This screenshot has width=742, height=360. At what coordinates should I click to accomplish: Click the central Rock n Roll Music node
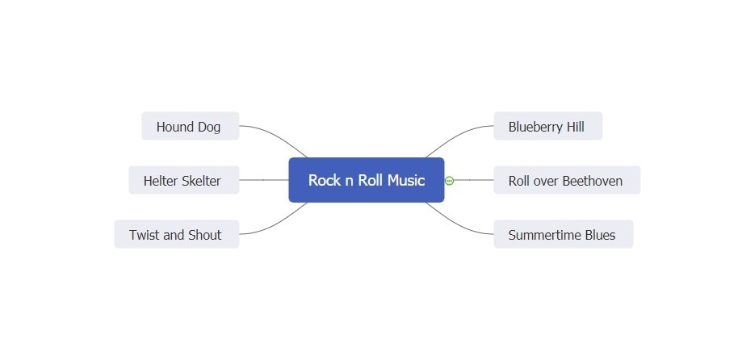pos(366,180)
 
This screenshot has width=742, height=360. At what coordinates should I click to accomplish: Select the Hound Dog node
pos(190,127)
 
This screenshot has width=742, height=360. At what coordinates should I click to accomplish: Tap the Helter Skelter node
pos(183,181)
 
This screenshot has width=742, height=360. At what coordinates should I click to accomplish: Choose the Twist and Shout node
pos(176,235)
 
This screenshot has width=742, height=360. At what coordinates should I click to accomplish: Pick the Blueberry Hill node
pos(547,127)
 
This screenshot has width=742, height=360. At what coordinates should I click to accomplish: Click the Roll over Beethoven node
pos(566,181)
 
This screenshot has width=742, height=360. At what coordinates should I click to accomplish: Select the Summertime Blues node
pos(563,235)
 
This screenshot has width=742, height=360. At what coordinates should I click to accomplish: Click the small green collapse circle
pos(450,181)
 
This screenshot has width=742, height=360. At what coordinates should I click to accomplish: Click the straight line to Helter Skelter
pos(264,180)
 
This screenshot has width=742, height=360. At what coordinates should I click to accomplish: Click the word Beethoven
pos(593,181)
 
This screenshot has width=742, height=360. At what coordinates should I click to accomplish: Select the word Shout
pos(204,235)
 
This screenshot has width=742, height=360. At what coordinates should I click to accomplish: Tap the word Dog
pos(208,127)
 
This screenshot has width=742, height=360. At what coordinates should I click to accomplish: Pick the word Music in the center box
pos(405,180)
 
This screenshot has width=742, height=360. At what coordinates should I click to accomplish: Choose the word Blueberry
pos(535,127)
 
